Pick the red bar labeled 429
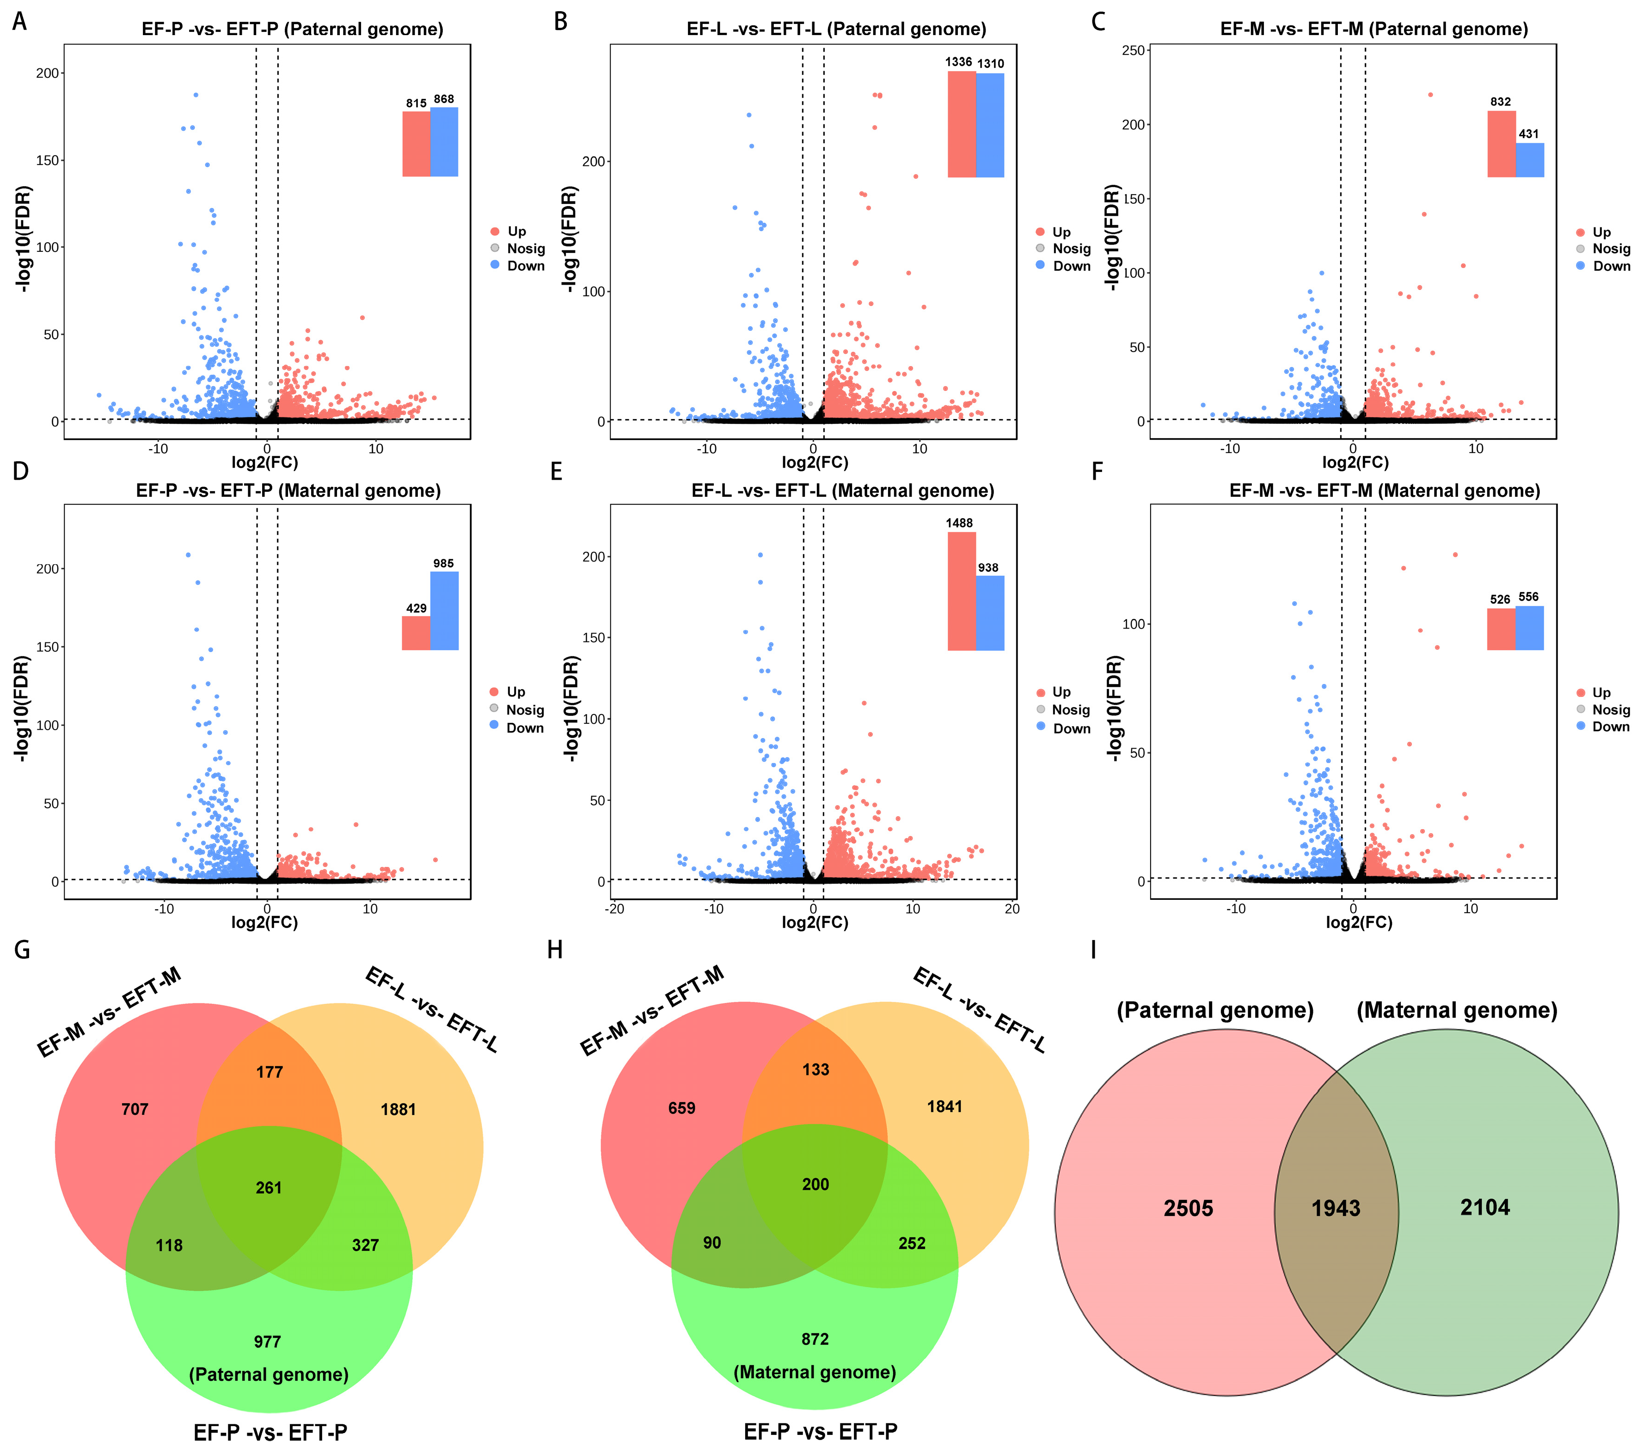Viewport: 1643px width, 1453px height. pyautogui.click(x=416, y=633)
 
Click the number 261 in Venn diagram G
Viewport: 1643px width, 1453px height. pyautogui.click(x=269, y=1188)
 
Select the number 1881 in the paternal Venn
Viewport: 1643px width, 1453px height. pyautogui.click(x=398, y=1110)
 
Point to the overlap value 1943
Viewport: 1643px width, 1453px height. pyautogui.click(x=1336, y=1209)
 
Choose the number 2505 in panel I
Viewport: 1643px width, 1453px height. pyautogui.click(x=1188, y=1209)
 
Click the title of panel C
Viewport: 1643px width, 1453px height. pyautogui.click(x=1374, y=30)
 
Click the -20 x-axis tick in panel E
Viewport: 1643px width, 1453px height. pyautogui.click(x=615, y=909)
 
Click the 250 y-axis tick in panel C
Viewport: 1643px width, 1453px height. pyautogui.click(x=1134, y=51)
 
